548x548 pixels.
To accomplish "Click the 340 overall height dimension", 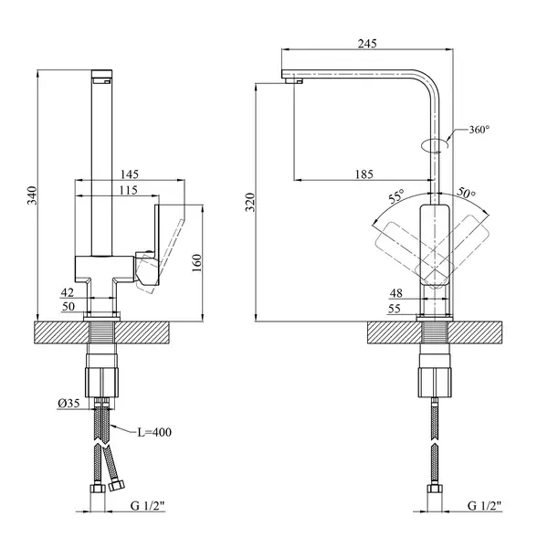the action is point(32,195).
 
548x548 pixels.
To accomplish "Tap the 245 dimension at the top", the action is point(367,44).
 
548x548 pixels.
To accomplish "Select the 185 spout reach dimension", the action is point(364,174).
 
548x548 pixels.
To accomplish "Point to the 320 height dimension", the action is point(250,202).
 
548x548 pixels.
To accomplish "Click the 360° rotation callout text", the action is point(479,130).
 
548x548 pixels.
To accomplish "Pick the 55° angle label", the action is point(396,196).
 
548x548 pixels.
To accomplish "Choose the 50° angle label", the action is point(467,193).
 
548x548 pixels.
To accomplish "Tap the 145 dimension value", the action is point(130,174).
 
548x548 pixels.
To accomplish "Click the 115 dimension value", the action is point(128,190).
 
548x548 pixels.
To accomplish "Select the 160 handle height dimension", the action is point(196,263).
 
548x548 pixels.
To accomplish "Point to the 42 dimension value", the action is point(68,292).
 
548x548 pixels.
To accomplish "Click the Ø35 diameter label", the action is point(68,404).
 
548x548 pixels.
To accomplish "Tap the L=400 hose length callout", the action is point(154,432).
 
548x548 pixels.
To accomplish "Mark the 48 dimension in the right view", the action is point(396,293).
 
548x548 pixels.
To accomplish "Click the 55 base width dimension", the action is point(395,309).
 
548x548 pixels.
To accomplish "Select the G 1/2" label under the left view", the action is point(147,506).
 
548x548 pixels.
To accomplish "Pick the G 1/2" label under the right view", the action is point(484,505).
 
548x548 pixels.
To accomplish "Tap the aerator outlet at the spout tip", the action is point(293,80).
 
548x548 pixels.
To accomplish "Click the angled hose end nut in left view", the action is point(116,485).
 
